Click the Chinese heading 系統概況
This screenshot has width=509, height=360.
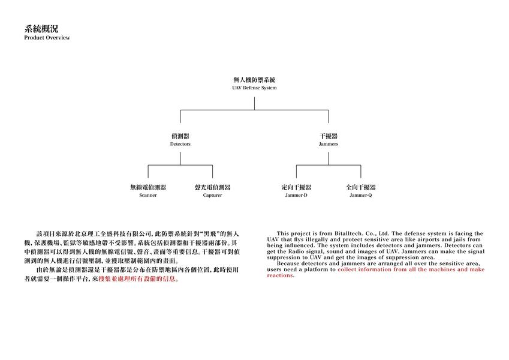click(x=41, y=28)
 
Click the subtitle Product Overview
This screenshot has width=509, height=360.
click(x=47, y=37)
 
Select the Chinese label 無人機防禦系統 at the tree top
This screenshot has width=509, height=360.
click(x=254, y=79)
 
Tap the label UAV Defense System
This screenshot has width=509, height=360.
click(x=254, y=88)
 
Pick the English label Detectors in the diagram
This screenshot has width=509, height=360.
click(x=180, y=144)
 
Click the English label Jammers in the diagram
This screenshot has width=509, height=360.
click(x=328, y=144)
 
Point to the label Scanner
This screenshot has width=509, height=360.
click(x=148, y=195)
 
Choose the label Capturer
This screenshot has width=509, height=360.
click(x=212, y=195)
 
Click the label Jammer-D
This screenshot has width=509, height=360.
click(x=296, y=195)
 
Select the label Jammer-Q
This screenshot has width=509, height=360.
click(x=361, y=195)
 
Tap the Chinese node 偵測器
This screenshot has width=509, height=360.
click(x=180, y=136)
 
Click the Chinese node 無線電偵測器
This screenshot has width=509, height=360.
click(x=148, y=187)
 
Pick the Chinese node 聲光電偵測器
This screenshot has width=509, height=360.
click(x=212, y=187)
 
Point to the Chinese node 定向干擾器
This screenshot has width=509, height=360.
click(x=296, y=187)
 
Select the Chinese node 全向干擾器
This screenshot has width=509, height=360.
click(x=361, y=187)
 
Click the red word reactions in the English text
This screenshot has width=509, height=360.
click(x=280, y=275)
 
